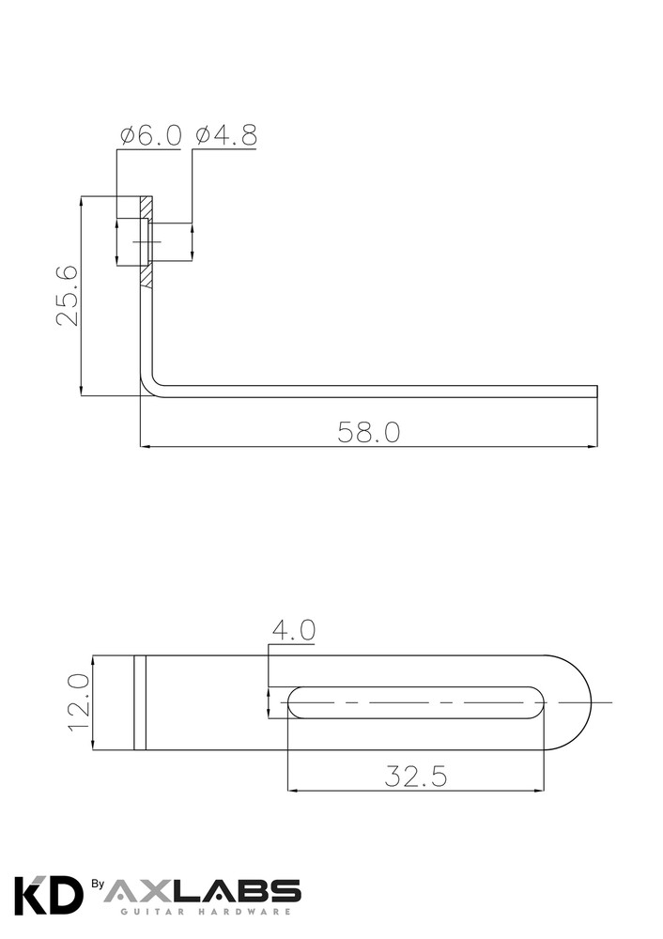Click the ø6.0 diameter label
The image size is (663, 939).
150,136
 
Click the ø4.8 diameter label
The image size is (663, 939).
225,136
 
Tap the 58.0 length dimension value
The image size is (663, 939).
369,432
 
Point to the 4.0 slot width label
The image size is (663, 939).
294,630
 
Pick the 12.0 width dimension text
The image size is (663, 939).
78,702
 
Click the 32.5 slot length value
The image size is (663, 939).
415,777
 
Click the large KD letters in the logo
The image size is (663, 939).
48,896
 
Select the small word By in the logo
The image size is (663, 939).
97,884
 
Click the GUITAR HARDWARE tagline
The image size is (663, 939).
202,912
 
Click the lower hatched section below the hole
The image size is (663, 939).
146,277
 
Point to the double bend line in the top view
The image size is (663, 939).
140,702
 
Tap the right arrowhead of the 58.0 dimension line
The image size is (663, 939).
592,445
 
